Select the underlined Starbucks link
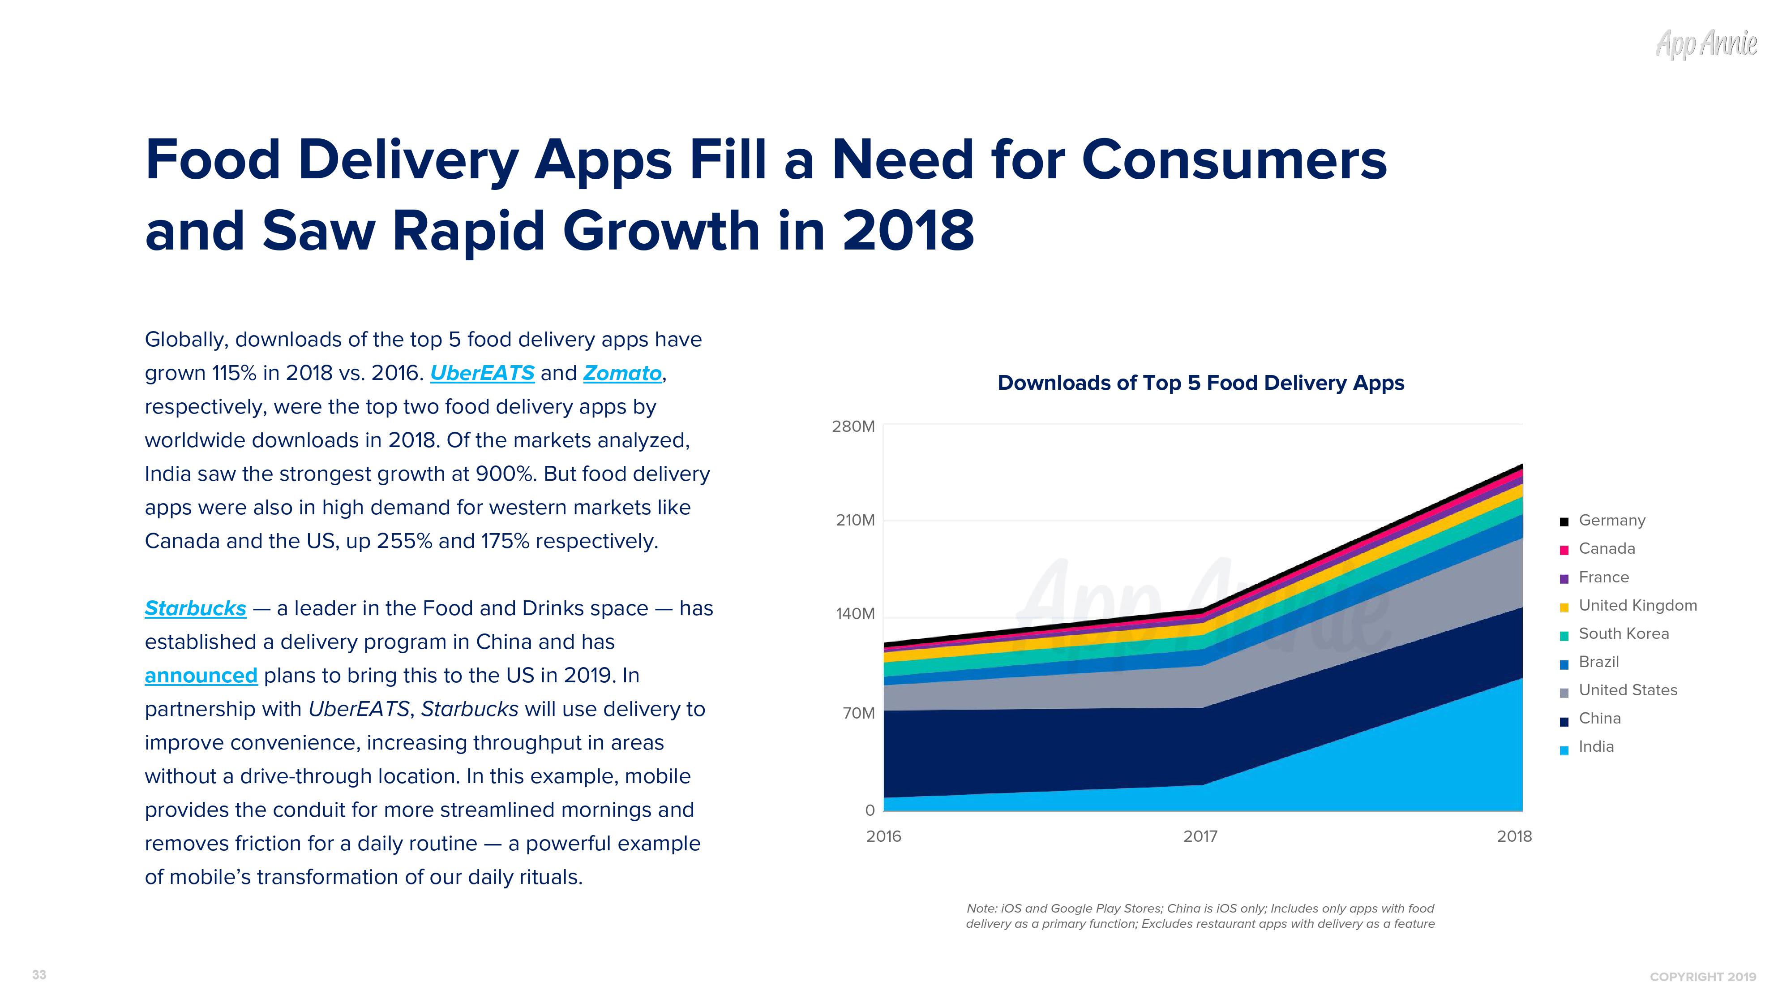click(x=195, y=609)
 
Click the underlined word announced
click(x=201, y=676)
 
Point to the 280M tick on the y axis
click(x=853, y=426)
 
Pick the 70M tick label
click(x=858, y=713)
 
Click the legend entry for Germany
click(x=1611, y=520)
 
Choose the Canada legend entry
click(x=1606, y=549)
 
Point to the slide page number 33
click(x=39, y=974)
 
